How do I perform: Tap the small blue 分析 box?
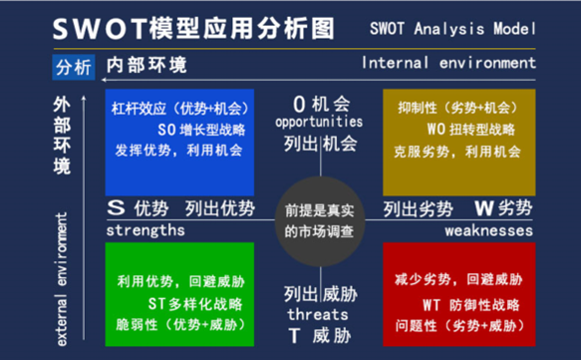[73, 68]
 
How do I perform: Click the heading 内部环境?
[145, 67]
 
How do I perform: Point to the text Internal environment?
[447, 63]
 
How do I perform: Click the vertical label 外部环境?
[64, 136]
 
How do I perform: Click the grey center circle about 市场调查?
[320, 220]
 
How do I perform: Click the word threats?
[318, 313]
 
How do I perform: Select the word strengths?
[145, 230]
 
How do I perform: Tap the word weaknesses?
[489, 230]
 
